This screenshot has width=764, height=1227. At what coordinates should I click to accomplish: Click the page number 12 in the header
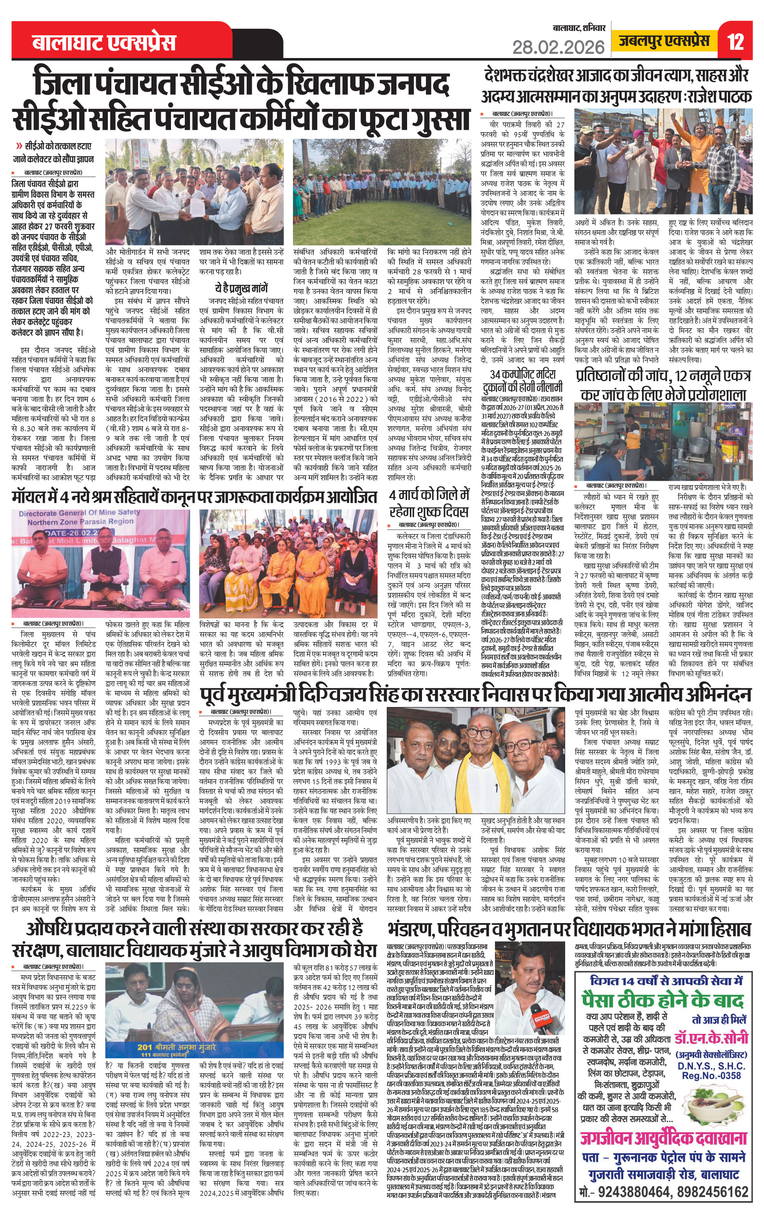(x=736, y=42)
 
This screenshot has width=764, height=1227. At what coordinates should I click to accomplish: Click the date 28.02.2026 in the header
(x=558, y=47)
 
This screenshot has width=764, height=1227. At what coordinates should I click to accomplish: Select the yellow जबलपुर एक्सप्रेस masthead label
(x=665, y=41)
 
